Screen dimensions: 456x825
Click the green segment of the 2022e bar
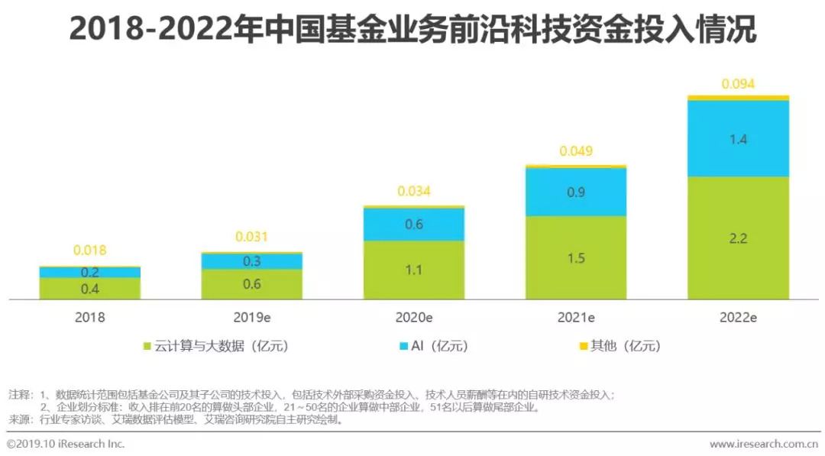click(738, 238)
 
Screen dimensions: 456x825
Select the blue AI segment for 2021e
click(576, 192)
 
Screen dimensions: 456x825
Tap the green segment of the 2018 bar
click(90, 288)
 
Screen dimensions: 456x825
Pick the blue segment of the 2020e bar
click(413, 225)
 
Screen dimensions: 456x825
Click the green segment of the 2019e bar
click(252, 283)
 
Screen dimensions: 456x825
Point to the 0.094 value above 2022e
click(738, 84)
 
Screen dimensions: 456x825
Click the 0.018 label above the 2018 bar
click(90, 250)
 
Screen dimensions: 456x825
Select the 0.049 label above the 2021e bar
click(576, 151)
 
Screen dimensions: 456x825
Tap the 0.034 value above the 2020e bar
click(413, 191)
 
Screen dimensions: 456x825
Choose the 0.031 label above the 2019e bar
click(252, 237)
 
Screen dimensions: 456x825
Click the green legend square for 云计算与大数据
click(147, 347)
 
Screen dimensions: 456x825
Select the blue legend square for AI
click(404, 347)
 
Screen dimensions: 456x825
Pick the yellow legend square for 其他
click(584, 347)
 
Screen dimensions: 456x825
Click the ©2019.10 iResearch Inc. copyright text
click(66, 444)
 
